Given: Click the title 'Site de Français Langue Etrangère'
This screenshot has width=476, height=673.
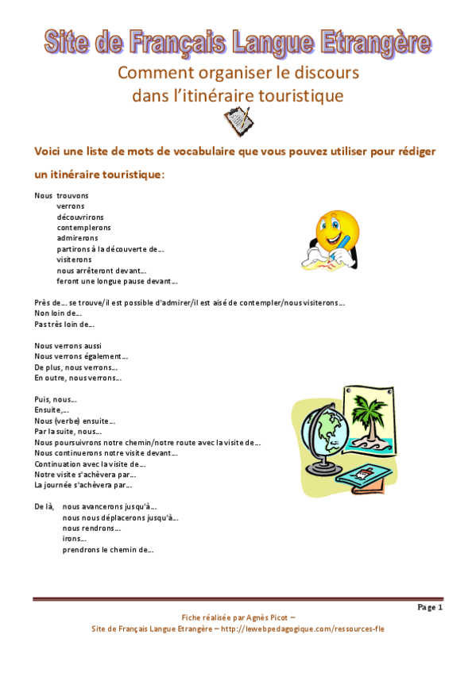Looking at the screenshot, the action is (238, 43).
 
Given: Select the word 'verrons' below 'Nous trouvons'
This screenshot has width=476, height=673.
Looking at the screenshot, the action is (71, 206).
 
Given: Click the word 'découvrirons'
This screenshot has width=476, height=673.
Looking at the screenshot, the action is (79, 216).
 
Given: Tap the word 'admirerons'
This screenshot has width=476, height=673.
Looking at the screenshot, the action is (77, 237).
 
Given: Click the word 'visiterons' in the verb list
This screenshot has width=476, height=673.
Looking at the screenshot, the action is (74, 259).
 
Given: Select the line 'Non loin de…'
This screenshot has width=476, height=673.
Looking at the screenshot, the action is (57, 313).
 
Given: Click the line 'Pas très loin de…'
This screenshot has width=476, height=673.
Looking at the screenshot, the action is (64, 324).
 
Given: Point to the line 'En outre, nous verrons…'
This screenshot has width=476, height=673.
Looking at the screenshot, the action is (77, 378).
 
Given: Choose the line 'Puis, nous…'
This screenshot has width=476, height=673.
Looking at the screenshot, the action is (55, 399).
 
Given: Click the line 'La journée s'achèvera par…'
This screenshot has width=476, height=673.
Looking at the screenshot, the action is (83, 484).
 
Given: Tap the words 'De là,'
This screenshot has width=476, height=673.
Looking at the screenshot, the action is (45, 506).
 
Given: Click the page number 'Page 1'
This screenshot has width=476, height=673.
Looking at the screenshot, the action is (429, 607).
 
